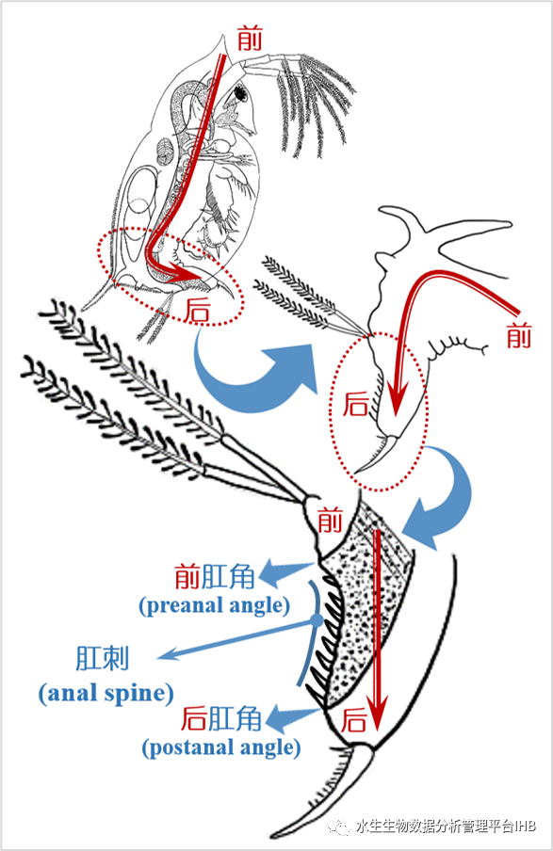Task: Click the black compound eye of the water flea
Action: pos(240,94)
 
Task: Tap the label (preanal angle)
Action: pos(215,605)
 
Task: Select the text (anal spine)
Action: pos(106,694)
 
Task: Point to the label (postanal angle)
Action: pos(221,747)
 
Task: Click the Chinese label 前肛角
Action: pos(215,576)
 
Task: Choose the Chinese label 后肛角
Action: pos(221,718)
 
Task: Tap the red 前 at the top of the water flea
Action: pos(250,39)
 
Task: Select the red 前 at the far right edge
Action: pos(519,335)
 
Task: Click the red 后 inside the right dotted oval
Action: pos(356,405)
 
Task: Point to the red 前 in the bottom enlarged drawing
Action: pos(330,520)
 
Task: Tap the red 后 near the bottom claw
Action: pos(354,720)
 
